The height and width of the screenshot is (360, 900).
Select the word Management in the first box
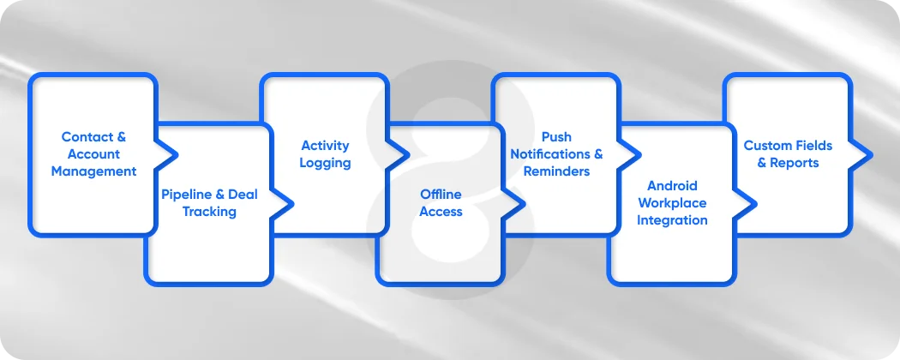(93, 171)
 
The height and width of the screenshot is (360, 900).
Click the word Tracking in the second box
(209, 212)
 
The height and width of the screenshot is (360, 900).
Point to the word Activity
(325, 146)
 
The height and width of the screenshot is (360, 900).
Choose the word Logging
(325, 163)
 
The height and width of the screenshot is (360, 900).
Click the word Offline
(441, 195)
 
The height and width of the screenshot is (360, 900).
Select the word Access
(441, 212)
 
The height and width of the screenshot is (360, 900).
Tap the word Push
(556, 137)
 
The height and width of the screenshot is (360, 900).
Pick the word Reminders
(556, 171)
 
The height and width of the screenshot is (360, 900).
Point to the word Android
(672, 186)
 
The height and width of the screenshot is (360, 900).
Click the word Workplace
(672, 203)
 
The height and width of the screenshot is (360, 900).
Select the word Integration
(672, 220)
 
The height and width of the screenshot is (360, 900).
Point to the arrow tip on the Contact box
(176, 155)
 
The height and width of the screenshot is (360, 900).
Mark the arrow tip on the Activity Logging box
(407, 155)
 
